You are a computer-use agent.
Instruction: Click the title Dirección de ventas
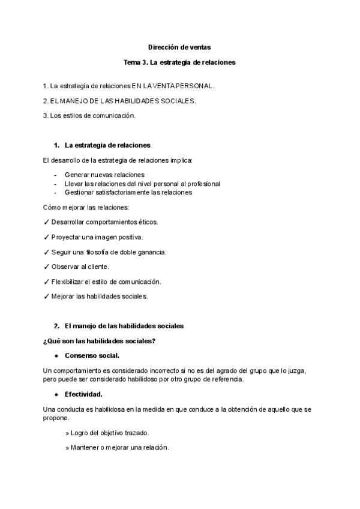pos(179,47)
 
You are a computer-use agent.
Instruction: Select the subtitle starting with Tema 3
pos(179,62)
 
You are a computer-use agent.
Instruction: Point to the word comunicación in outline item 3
pos(114,115)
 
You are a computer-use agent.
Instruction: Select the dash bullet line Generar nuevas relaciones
pos(100,175)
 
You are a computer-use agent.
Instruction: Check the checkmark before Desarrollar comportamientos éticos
pos(47,222)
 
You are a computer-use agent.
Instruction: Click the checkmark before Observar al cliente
pos(47,267)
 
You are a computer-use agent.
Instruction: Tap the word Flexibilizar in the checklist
pos(68,282)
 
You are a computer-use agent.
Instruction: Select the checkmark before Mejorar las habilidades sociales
pos(47,297)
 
